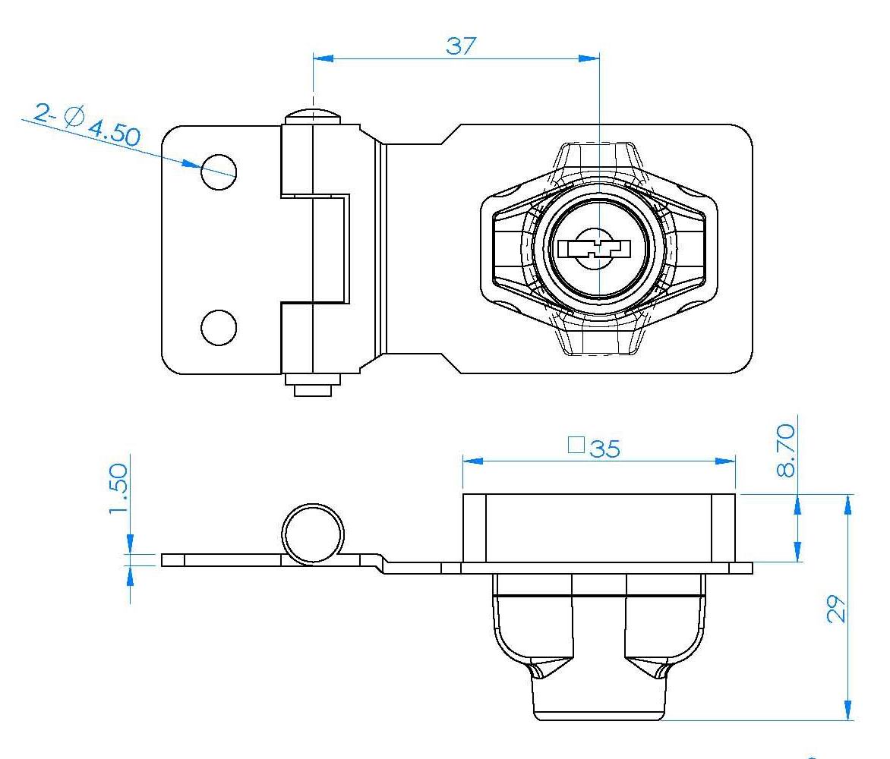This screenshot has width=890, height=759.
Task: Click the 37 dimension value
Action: click(461, 46)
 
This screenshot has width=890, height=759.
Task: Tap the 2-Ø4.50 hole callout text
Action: click(87, 124)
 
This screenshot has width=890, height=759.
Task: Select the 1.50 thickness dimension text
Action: click(118, 489)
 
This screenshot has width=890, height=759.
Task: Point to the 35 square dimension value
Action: click(605, 449)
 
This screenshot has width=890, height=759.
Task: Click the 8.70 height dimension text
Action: click(785, 450)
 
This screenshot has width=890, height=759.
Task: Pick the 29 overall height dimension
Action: click(835, 609)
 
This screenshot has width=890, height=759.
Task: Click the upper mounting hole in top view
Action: click(219, 172)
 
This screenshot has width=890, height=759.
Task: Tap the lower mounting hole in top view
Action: click(219, 328)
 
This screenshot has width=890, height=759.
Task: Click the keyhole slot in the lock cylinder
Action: click(595, 249)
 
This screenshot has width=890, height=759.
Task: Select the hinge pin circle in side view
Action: click(313, 534)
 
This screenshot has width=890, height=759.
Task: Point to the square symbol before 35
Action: click(576, 446)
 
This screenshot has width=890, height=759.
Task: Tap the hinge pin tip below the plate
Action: click(313, 389)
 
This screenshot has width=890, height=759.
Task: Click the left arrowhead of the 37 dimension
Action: click(323, 58)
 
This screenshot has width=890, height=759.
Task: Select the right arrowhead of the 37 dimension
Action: click(589, 58)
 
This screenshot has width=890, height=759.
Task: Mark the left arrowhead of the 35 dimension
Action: click(473, 461)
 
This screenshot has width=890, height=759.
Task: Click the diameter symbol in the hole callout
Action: click(74, 116)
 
